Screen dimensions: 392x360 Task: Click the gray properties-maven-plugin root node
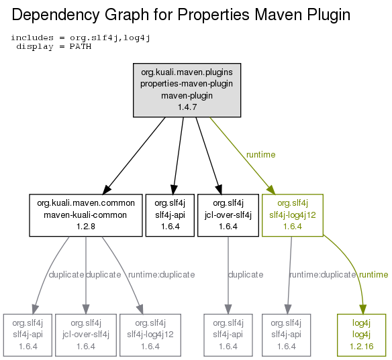[187, 90]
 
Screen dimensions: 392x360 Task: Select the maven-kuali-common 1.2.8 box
[86, 215]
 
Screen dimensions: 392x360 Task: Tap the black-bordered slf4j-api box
[170, 215]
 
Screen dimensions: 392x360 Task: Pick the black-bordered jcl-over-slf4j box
[228, 215]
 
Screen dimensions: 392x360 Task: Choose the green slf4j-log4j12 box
[293, 215]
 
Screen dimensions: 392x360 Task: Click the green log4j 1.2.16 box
[362, 335]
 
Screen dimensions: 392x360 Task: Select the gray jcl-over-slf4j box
[86, 335]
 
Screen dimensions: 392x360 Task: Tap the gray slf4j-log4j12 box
[150, 335]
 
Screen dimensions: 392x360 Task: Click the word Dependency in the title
[56, 15]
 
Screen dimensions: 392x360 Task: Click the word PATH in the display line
[81, 46]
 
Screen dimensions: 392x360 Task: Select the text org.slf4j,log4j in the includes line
[110, 38]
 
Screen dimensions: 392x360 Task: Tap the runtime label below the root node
[260, 155]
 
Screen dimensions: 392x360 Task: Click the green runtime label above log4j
[373, 275]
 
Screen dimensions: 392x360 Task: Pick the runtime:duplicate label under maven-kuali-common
[162, 275]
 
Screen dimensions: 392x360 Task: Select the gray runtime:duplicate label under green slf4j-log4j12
[322, 275]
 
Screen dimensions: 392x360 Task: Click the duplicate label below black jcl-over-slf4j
[246, 275]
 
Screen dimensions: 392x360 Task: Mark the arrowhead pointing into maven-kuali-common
[107, 190]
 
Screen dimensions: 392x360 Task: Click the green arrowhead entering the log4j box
[362, 309]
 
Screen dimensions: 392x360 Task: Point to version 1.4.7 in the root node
[187, 107]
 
